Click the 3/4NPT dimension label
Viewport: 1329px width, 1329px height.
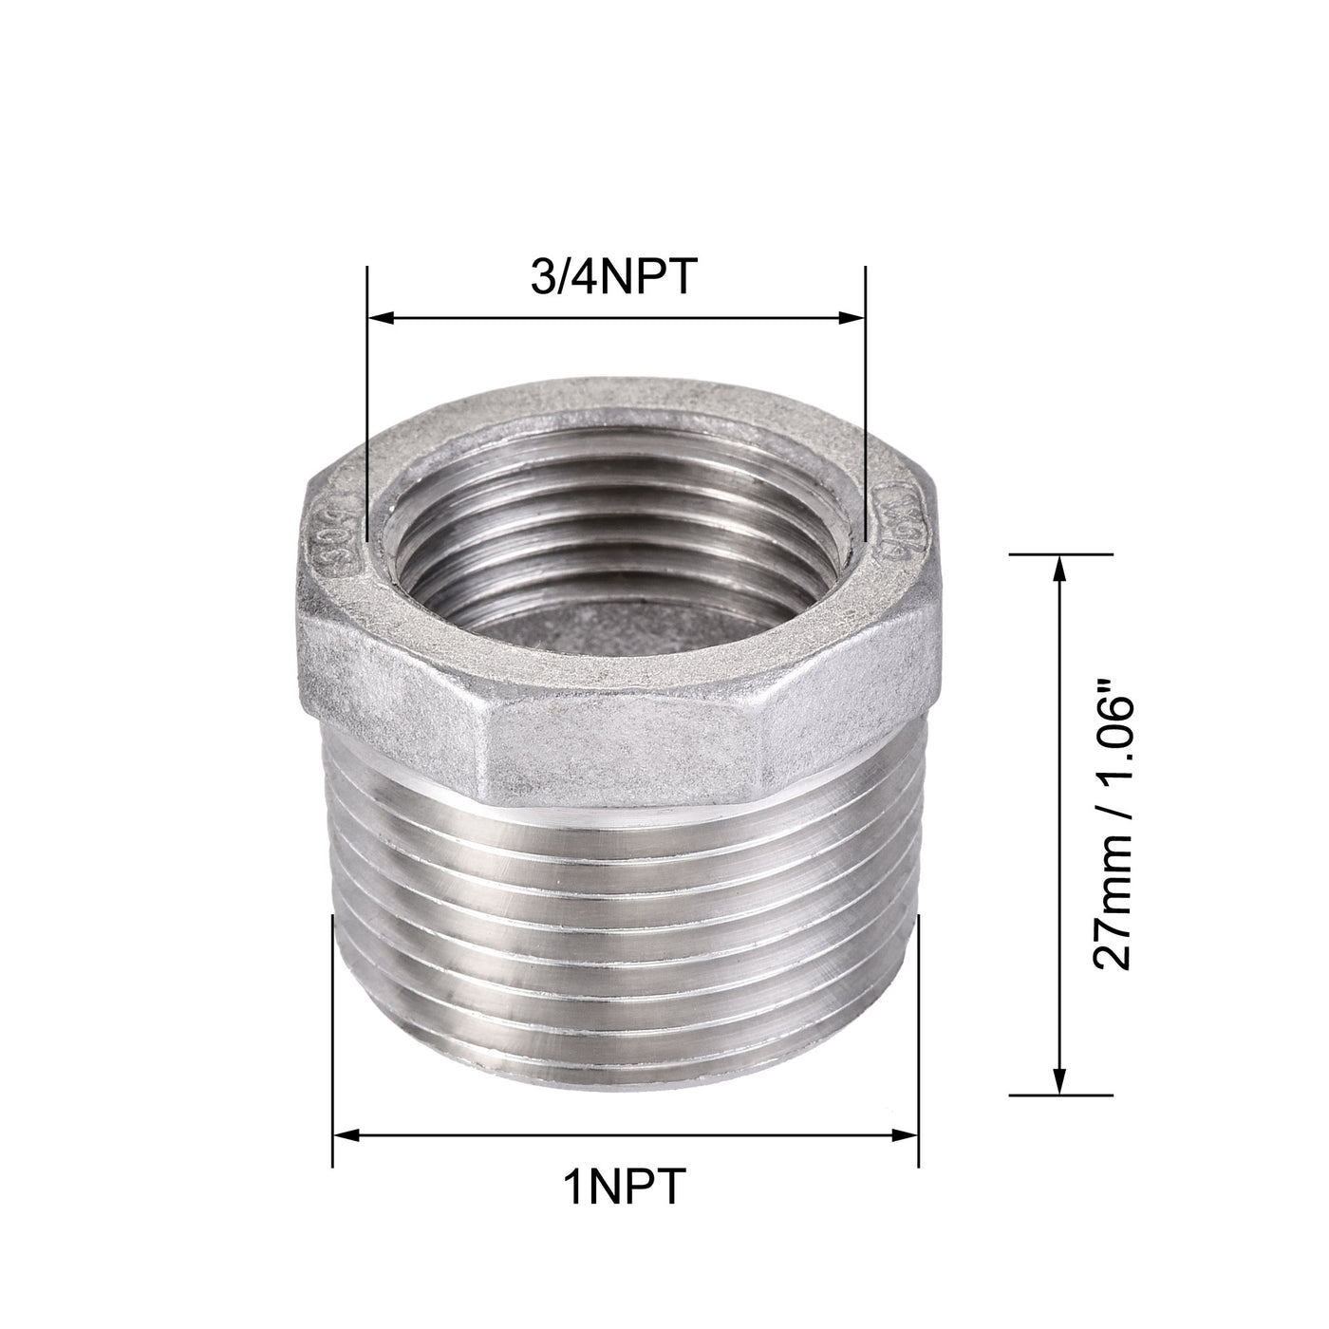click(x=616, y=281)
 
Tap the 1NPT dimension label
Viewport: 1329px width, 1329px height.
click(x=623, y=1187)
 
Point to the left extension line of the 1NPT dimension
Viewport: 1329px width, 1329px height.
click(x=332, y=1025)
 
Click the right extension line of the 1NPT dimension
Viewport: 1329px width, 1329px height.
click(x=919, y=1025)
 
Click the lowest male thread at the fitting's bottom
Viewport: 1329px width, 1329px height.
click(x=627, y=1063)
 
